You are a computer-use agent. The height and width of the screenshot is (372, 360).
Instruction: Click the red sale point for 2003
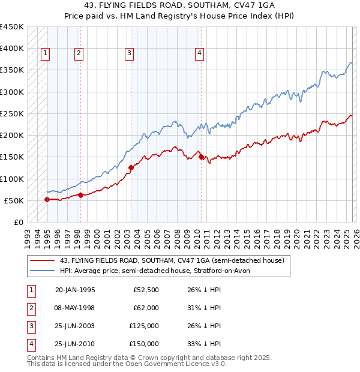(131, 168)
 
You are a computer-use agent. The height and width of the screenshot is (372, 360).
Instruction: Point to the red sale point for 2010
(201, 157)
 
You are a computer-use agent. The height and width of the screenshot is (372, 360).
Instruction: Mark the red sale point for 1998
(80, 195)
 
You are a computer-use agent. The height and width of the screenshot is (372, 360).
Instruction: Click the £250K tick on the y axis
(12, 113)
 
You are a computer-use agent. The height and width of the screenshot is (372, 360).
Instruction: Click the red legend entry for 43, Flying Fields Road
(175, 260)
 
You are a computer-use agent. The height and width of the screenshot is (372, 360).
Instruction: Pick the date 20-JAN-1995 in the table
(74, 290)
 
